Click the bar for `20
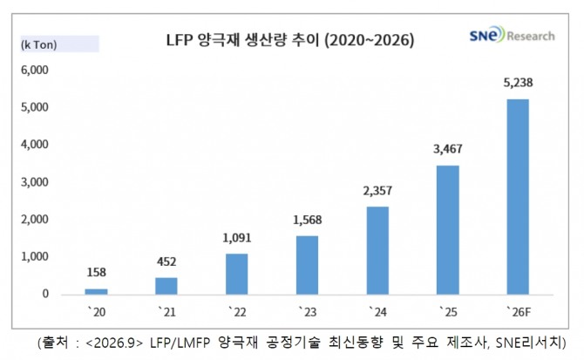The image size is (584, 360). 96,291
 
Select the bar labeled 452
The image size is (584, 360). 166,286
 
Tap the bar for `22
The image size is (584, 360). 236,274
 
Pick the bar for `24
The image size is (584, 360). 377,250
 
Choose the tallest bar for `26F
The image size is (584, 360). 518,197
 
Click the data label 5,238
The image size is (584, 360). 518,83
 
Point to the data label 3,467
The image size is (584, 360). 448,149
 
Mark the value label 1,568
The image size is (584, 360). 308,220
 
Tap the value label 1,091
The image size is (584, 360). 237,238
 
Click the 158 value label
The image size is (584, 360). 96,273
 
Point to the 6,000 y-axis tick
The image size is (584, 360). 35,70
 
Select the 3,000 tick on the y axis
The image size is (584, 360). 35,182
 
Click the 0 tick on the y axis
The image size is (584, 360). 45,294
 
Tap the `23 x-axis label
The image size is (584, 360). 308,311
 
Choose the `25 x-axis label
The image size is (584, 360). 448,311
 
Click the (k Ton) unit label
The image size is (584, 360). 39,44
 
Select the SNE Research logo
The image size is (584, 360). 512,35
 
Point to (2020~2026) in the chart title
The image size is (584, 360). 369,40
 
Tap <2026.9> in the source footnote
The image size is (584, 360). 114,342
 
